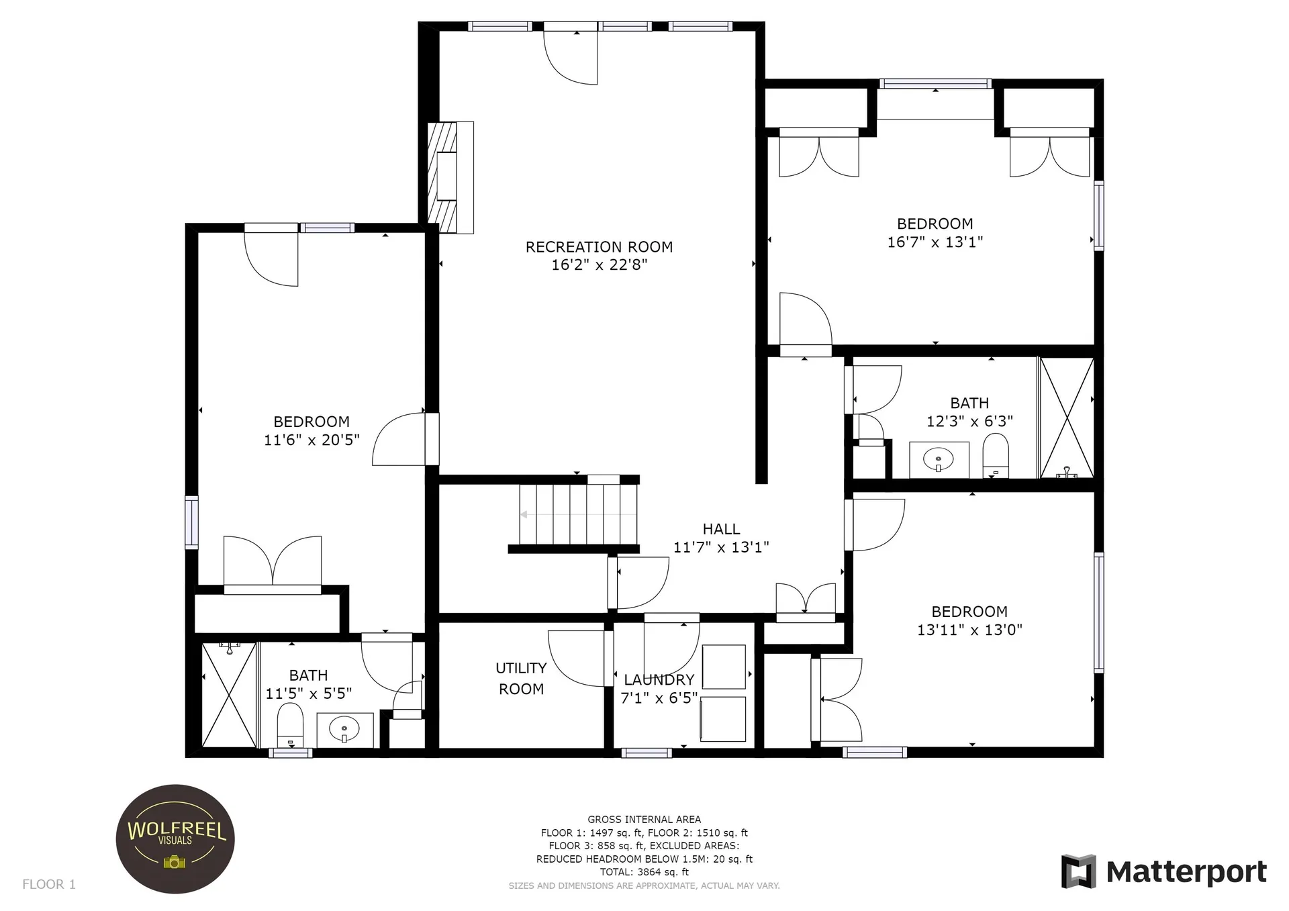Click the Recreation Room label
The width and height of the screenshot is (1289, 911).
[599, 247]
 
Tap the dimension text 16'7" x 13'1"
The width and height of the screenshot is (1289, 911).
[935, 242]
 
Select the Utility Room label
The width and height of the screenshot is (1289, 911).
[521, 678]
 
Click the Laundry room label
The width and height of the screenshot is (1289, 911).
[659, 680]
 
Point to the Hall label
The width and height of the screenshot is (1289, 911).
[721, 529]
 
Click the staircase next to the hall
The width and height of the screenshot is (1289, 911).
[578, 514]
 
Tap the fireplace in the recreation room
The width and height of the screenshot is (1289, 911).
[450, 177]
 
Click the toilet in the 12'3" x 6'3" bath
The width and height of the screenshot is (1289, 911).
[996, 455]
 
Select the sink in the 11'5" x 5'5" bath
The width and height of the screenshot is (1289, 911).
[345, 730]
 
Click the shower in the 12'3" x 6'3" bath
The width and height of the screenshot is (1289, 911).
[1067, 418]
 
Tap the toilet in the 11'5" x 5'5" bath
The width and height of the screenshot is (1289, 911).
[290, 725]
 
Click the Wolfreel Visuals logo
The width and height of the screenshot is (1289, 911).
[175, 839]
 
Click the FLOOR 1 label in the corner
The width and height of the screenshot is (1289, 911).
[49, 884]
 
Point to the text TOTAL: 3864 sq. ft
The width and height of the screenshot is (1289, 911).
[644, 872]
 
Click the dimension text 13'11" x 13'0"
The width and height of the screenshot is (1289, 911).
[969, 630]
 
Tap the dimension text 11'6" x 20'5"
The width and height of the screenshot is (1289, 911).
[312, 440]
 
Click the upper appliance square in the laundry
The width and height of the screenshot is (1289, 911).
[724, 667]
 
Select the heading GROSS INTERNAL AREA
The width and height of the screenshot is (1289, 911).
[644, 819]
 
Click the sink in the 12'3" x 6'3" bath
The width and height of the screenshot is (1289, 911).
[939, 460]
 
